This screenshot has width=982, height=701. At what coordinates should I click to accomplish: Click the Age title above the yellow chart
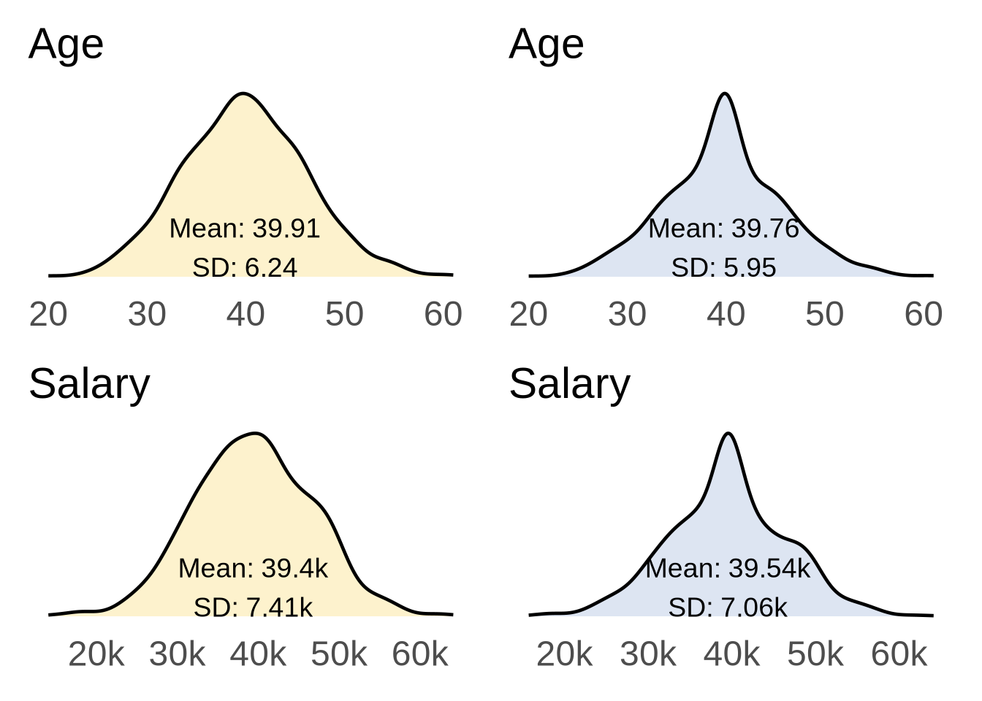click(66, 45)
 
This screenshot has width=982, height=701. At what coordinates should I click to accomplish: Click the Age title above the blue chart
click(546, 45)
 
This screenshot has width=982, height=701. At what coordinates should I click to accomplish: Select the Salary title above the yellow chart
click(89, 384)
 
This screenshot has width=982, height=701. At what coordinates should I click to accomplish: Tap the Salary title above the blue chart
click(569, 384)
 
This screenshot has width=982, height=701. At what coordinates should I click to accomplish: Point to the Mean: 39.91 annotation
click(245, 229)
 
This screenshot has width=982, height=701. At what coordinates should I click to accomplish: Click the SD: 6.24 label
click(245, 267)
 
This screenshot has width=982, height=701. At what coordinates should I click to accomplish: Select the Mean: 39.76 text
click(724, 229)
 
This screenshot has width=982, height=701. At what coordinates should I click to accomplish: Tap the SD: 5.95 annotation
click(724, 267)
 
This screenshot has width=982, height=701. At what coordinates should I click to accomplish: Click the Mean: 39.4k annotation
click(253, 568)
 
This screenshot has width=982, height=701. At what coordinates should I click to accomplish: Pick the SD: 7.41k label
click(253, 607)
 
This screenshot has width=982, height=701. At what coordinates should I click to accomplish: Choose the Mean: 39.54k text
click(728, 568)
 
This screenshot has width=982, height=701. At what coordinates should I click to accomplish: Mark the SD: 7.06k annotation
click(728, 607)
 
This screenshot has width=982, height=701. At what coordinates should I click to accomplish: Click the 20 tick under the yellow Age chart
click(48, 315)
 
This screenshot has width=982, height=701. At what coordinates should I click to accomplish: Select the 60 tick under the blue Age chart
click(924, 315)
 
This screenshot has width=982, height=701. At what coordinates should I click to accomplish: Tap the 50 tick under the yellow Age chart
click(344, 315)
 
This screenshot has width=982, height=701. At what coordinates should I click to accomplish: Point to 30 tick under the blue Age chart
click(627, 315)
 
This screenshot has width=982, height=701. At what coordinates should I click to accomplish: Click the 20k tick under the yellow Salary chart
click(96, 654)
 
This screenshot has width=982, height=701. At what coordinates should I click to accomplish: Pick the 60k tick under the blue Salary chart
click(899, 654)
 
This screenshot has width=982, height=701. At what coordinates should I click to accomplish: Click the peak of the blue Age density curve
click(724, 93)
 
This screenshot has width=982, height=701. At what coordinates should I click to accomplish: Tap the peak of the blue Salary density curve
click(728, 434)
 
